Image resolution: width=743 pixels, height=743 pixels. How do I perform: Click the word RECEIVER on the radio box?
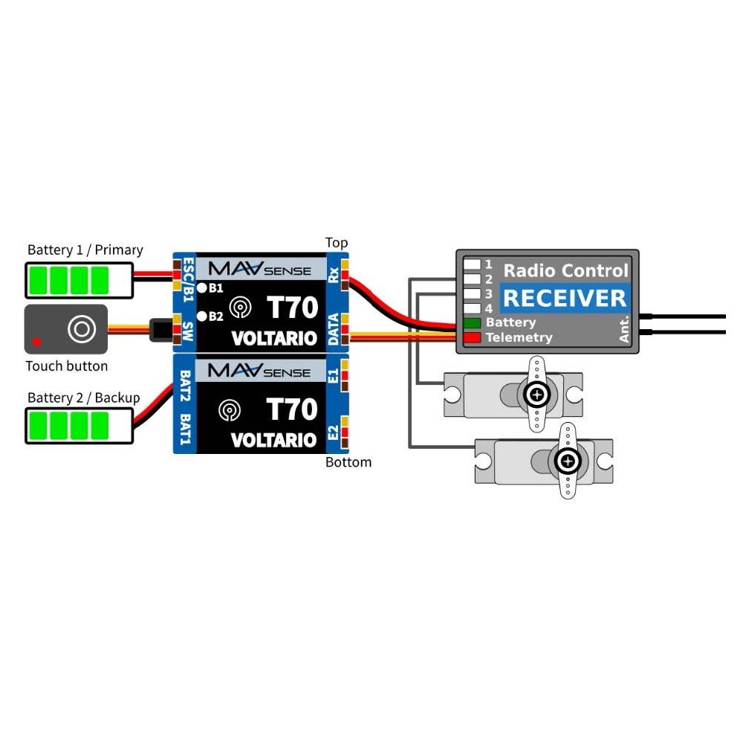pyautogui.click(x=565, y=299)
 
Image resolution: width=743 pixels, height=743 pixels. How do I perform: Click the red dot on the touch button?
pyautogui.click(x=36, y=343)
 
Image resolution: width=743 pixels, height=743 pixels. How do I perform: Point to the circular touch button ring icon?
pyautogui.click(x=80, y=328)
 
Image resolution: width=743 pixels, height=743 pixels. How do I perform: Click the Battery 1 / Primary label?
pyautogui.click(x=85, y=250)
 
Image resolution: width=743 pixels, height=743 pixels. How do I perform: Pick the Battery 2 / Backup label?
pyautogui.click(x=83, y=398)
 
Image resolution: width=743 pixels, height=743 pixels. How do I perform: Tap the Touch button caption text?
pyautogui.click(x=66, y=366)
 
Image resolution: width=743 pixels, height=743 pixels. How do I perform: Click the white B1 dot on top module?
pyautogui.click(x=201, y=287)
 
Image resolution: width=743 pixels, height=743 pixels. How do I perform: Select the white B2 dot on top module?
pyautogui.click(x=201, y=317)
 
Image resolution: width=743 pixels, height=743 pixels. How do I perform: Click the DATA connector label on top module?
pyautogui.click(x=334, y=329)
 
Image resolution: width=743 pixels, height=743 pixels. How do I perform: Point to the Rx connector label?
pyautogui.click(x=334, y=276)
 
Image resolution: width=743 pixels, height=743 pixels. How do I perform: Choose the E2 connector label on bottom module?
pyautogui.click(x=334, y=435)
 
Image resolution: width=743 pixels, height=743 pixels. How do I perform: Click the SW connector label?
pyautogui.click(x=186, y=330)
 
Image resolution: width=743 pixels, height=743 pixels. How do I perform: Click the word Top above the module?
pyautogui.click(x=337, y=243)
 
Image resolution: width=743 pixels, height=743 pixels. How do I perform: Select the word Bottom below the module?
pyautogui.click(x=348, y=462)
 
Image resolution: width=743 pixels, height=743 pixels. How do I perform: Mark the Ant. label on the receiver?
pyautogui.click(x=624, y=328)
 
